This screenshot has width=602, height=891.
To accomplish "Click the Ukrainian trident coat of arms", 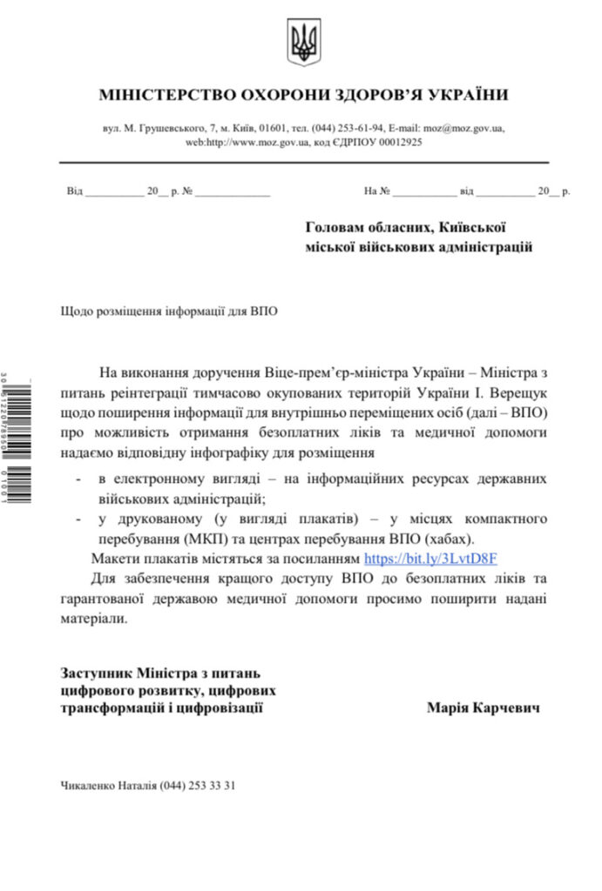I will [x=304, y=43].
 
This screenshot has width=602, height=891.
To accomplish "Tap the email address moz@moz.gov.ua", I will [x=457, y=128].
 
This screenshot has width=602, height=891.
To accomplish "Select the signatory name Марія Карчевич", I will [x=483, y=708].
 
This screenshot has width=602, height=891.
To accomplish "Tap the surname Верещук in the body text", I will [x=518, y=392].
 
